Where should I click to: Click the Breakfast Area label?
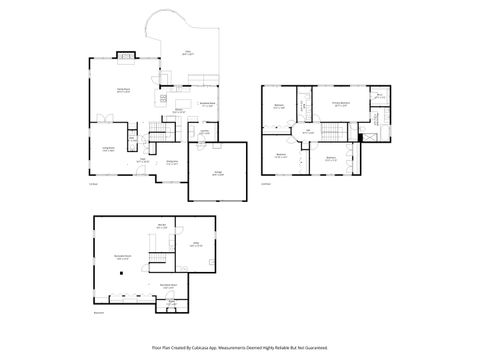pyautogui.click(x=208, y=104)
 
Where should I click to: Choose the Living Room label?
pyautogui.click(x=108, y=149)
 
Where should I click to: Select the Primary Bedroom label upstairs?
pyautogui.click(x=341, y=103)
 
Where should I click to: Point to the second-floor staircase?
pyautogui.click(x=336, y=133)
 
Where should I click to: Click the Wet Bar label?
pyautogui.click(x=161, y=226)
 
